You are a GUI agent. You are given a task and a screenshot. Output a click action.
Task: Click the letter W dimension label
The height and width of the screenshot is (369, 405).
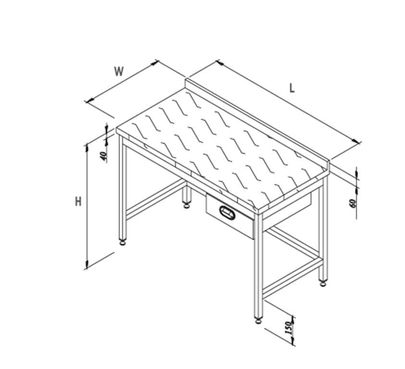point(119,71)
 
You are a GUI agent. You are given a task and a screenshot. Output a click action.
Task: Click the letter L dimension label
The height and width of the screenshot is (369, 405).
point(292,88)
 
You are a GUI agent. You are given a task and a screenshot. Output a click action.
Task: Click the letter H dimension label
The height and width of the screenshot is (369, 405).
point(78,201)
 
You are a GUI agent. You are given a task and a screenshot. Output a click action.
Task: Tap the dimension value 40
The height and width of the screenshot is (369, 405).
point(103,156)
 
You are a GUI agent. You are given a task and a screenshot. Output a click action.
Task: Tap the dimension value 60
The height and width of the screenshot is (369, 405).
point(353,203)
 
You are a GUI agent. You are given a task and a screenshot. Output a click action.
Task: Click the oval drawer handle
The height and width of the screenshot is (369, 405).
point(227,212)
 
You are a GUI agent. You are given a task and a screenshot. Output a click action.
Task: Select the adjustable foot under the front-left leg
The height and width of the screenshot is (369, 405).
point(123,243)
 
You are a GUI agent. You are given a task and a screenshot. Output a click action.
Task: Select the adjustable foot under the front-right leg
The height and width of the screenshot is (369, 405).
point(258,321)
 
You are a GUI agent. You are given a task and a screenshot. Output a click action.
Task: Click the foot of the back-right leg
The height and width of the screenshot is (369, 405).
point(323,284)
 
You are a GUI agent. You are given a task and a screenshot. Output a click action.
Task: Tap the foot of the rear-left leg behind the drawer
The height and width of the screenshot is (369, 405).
point(186,206)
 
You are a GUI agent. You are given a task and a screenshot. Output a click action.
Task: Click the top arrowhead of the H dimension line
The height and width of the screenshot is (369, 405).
point(87,148)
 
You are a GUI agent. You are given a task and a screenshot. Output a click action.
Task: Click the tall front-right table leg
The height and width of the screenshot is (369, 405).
point(258,266)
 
